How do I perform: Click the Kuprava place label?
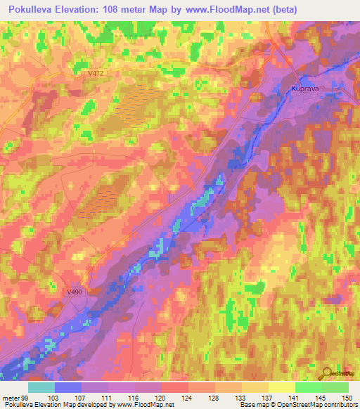pos(304,89)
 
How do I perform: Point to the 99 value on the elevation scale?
pos(26,397)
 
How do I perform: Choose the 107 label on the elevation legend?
pos(82,397)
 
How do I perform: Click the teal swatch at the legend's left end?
pos(41,387)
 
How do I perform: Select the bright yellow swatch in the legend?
pos(281,387)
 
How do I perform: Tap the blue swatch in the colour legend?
pos(68,387)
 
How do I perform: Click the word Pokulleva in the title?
pos(37,10)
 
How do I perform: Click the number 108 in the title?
pos(124,10)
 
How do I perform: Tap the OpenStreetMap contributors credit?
pos(309,405)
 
